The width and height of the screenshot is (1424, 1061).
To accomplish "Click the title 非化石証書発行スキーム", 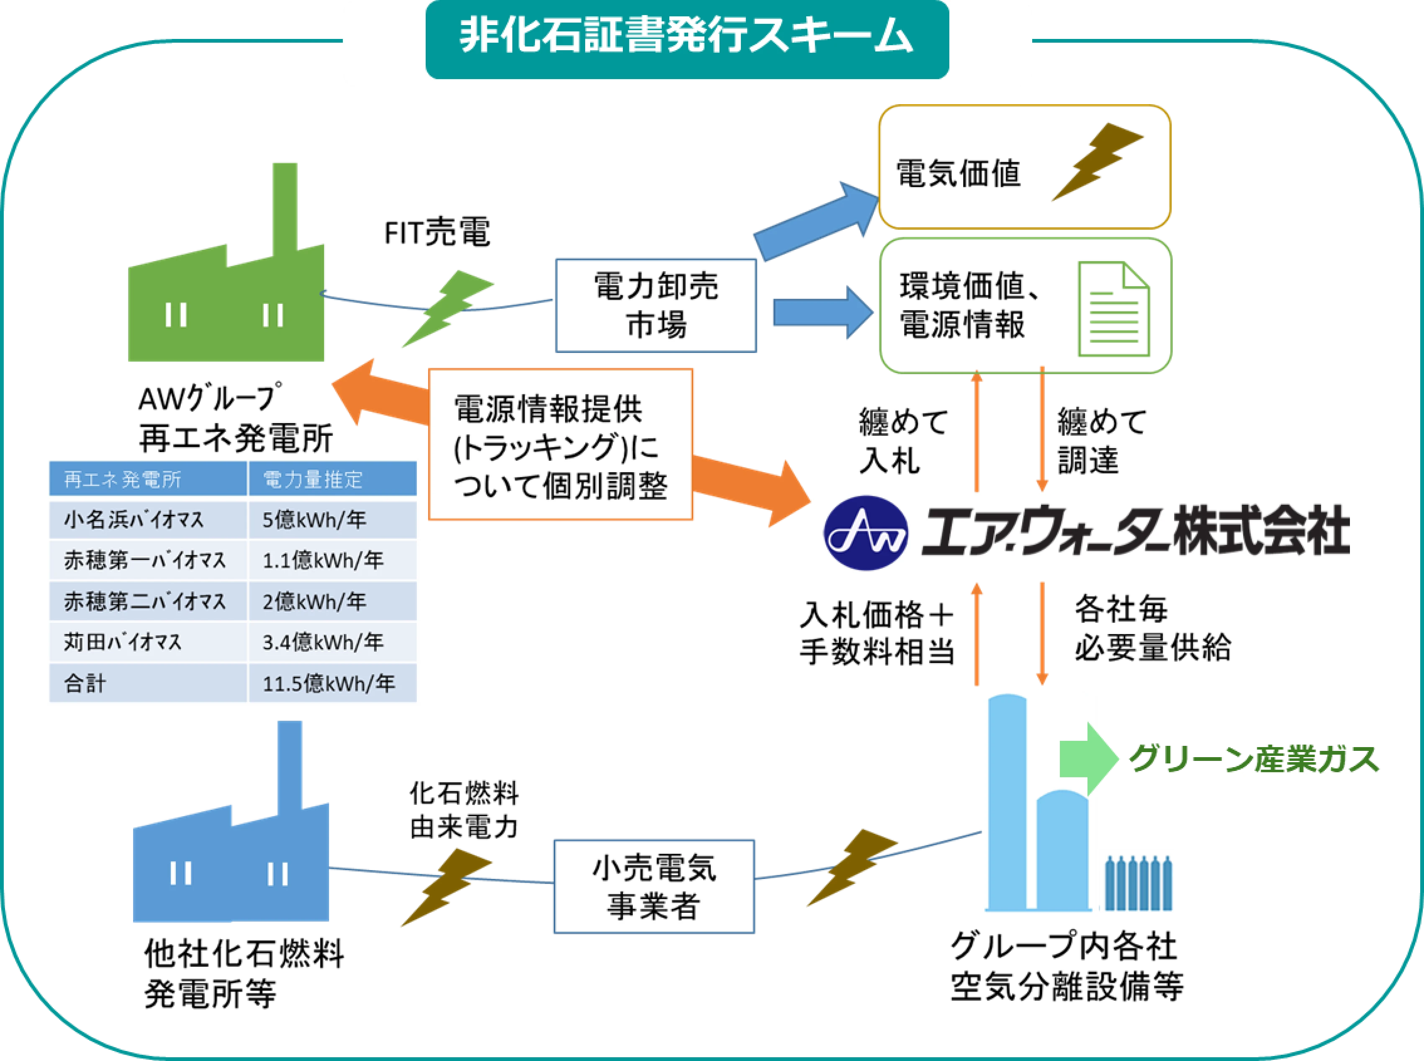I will [686, 39].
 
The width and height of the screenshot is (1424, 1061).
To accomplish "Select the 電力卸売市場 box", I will [656, 306].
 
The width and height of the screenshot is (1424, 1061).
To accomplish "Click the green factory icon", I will [228, 302].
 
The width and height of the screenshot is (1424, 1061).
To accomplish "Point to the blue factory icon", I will [231, 861].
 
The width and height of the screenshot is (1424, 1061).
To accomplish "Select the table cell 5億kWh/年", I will [332, 519].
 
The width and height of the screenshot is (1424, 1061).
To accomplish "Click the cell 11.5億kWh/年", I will [332, 683].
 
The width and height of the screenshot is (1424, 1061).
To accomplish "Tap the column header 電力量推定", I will [332, 479].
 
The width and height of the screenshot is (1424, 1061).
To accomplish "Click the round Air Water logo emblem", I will [865, 533].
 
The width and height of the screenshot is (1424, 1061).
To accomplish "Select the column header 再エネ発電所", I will [148, 479].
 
